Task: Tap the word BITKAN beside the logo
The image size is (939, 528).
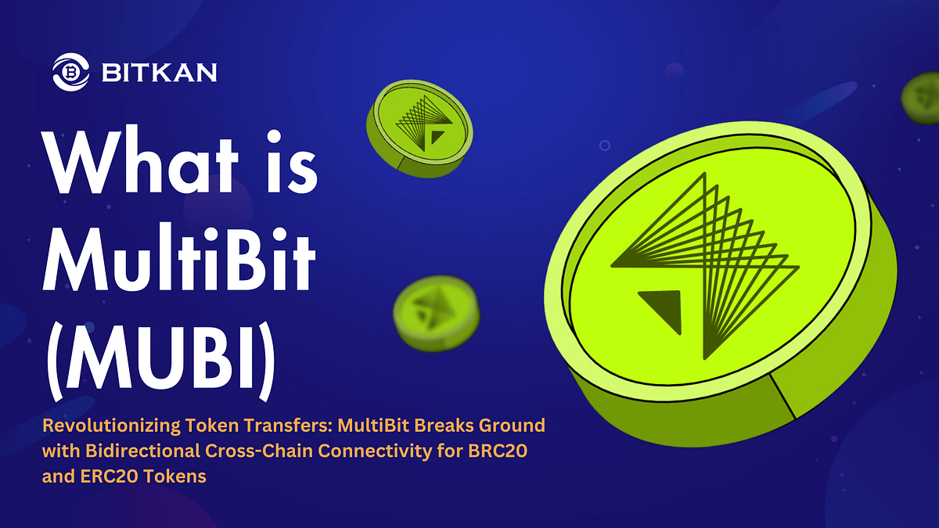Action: pos(160,74)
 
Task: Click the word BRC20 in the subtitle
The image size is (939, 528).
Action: pos(511,451)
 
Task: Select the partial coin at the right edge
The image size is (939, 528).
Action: pos(922,99)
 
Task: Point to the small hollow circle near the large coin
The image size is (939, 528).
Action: pos(604,145)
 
